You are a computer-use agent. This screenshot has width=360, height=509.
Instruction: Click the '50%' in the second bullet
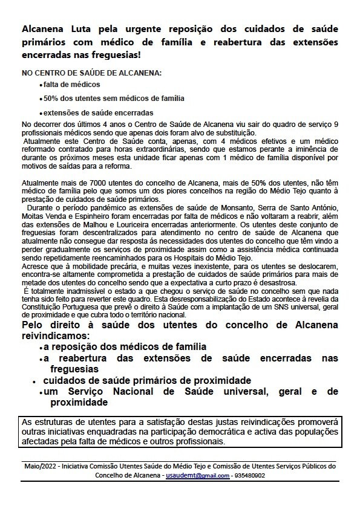[51, 98]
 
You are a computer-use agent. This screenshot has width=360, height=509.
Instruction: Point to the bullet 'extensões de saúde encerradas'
[89, 112]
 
